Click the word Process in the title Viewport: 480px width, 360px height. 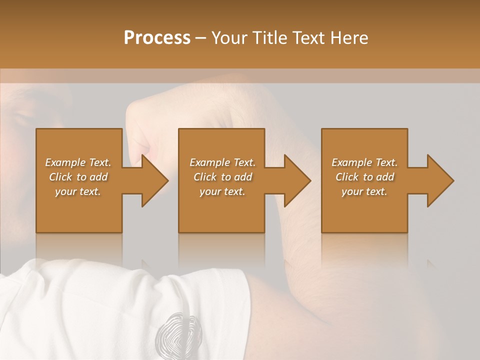(157, 38)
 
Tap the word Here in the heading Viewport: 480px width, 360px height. (349, 38)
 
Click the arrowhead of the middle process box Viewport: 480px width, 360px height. (297, 180)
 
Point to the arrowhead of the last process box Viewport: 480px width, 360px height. (440, 180)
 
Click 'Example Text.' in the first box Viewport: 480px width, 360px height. (78, 162)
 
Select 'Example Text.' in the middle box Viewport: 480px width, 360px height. (222, 162)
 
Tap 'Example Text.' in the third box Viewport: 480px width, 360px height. (364, 162)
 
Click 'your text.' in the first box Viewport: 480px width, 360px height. (78, 191)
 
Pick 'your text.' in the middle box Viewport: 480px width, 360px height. (222, 191)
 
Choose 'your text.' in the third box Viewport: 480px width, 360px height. (364, 191)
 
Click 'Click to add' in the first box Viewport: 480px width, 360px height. (78, 177)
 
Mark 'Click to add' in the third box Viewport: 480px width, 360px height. (364, 177)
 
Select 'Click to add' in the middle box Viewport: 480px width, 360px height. (222, 177)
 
